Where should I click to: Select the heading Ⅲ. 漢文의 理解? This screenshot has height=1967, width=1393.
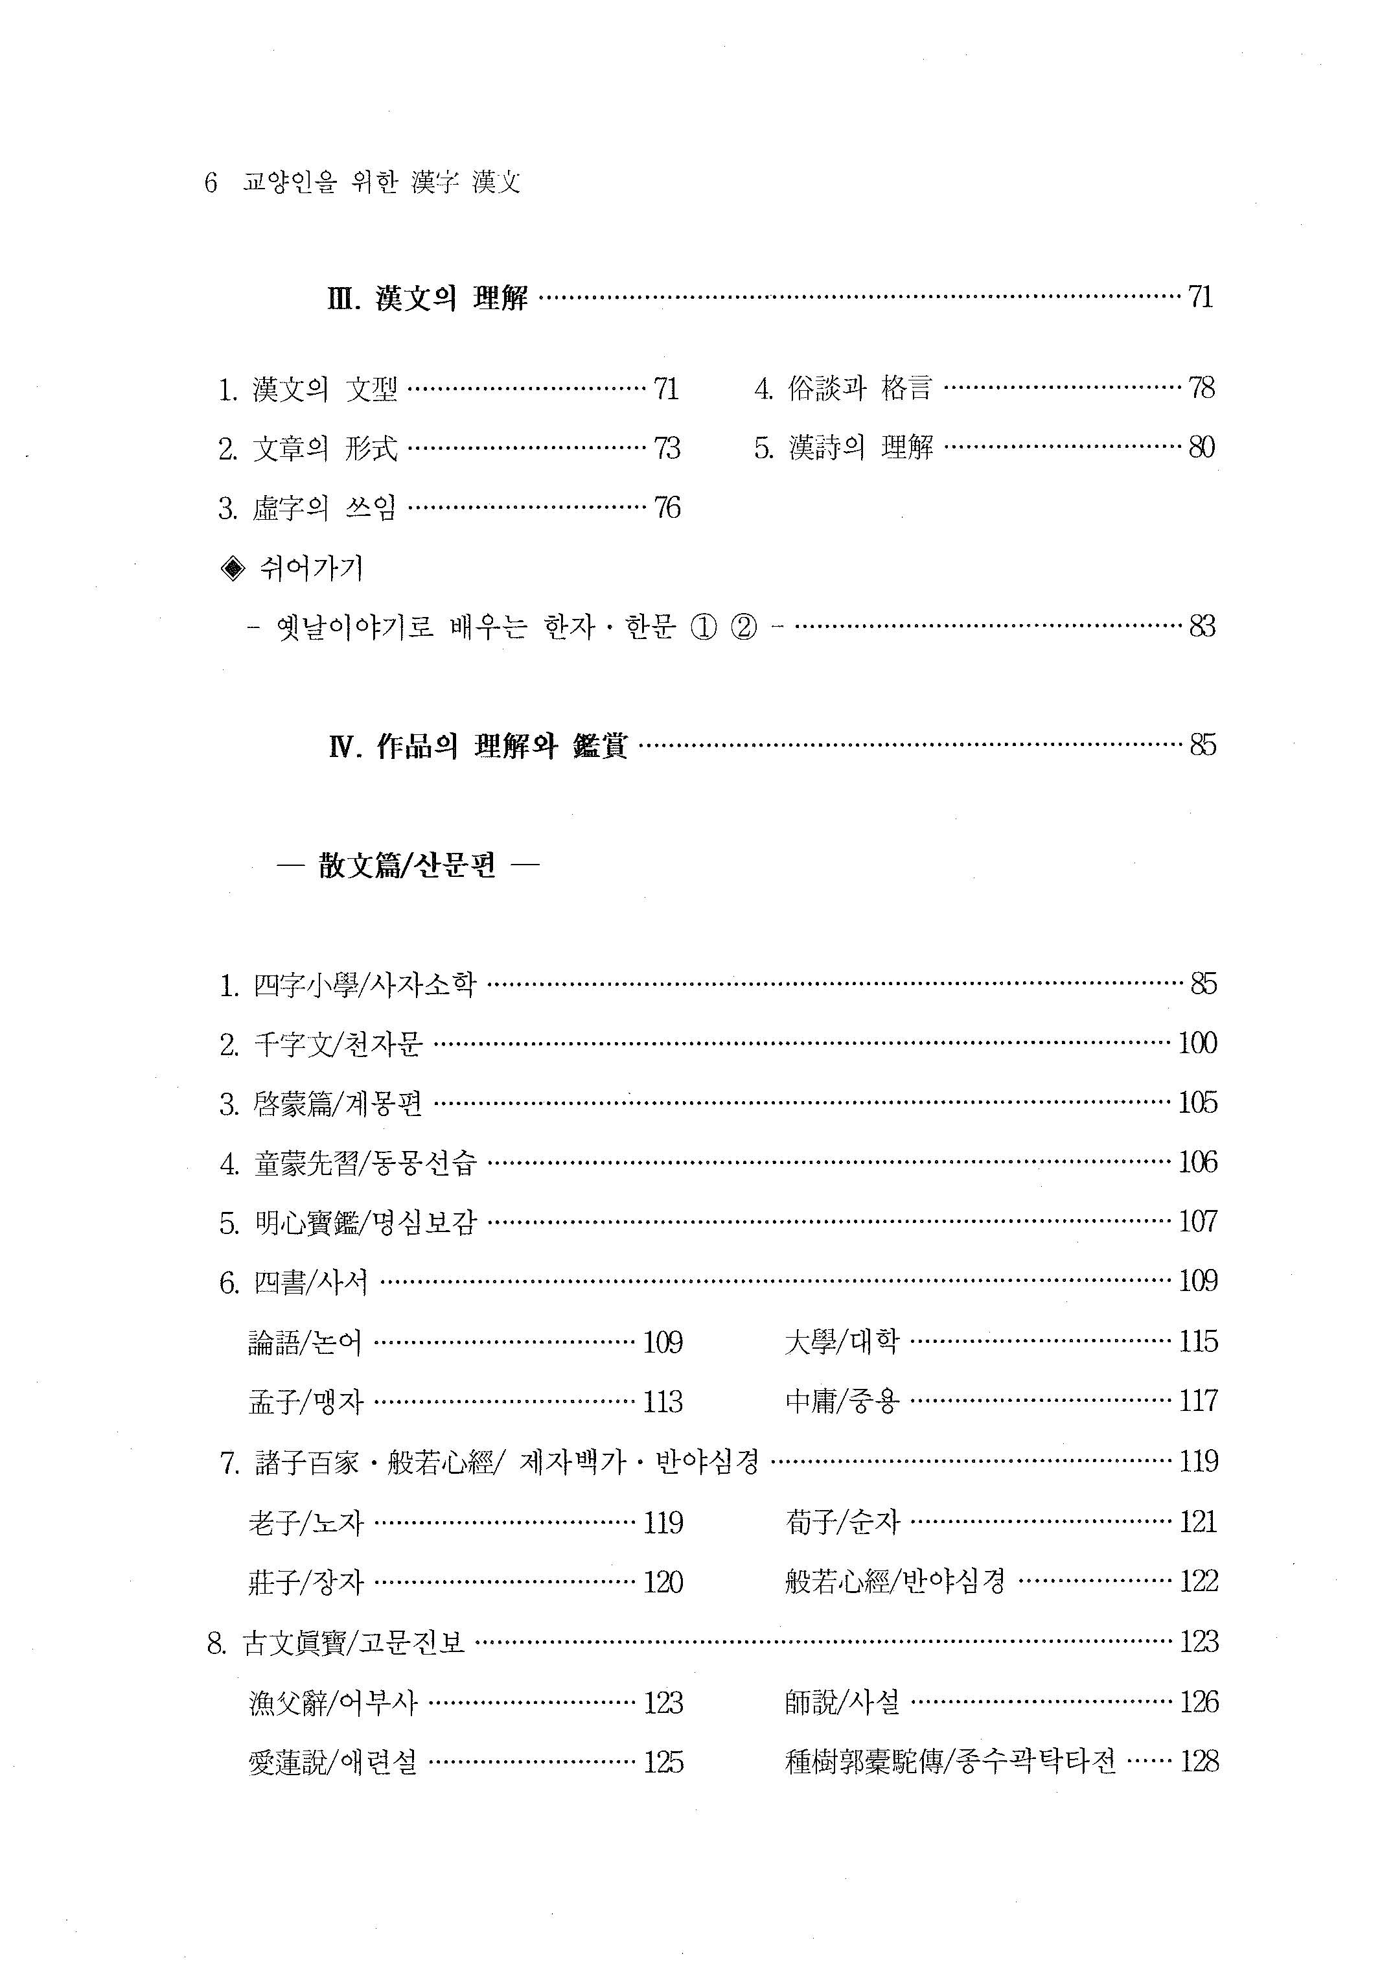pos(427,299)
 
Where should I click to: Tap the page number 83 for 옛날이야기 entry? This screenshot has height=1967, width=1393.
pos(1202,626)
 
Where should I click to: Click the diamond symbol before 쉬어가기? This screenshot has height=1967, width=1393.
pos(233,568)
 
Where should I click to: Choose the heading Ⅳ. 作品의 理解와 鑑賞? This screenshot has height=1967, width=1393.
pos(478,745)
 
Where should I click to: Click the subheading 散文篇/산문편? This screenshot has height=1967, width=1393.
pos(408,867)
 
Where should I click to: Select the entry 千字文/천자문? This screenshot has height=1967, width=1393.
pos(321,1044)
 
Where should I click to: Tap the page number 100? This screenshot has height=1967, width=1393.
pos(1197,1044)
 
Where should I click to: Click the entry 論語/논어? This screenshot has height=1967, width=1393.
pos(305,1342)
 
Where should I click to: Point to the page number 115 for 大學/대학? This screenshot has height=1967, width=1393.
pos(1198,1342)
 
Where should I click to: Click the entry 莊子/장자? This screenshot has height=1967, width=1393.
pos(305,1582)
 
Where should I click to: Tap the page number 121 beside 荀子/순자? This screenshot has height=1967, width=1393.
pos(1198,1522)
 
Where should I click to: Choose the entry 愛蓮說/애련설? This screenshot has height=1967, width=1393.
pos(333,1762)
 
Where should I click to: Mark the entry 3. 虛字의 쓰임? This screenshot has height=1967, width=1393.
pos(307,509)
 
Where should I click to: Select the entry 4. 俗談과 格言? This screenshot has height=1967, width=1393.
pos(842,389)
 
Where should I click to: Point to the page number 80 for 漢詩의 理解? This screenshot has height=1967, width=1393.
pos(1202,448)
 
